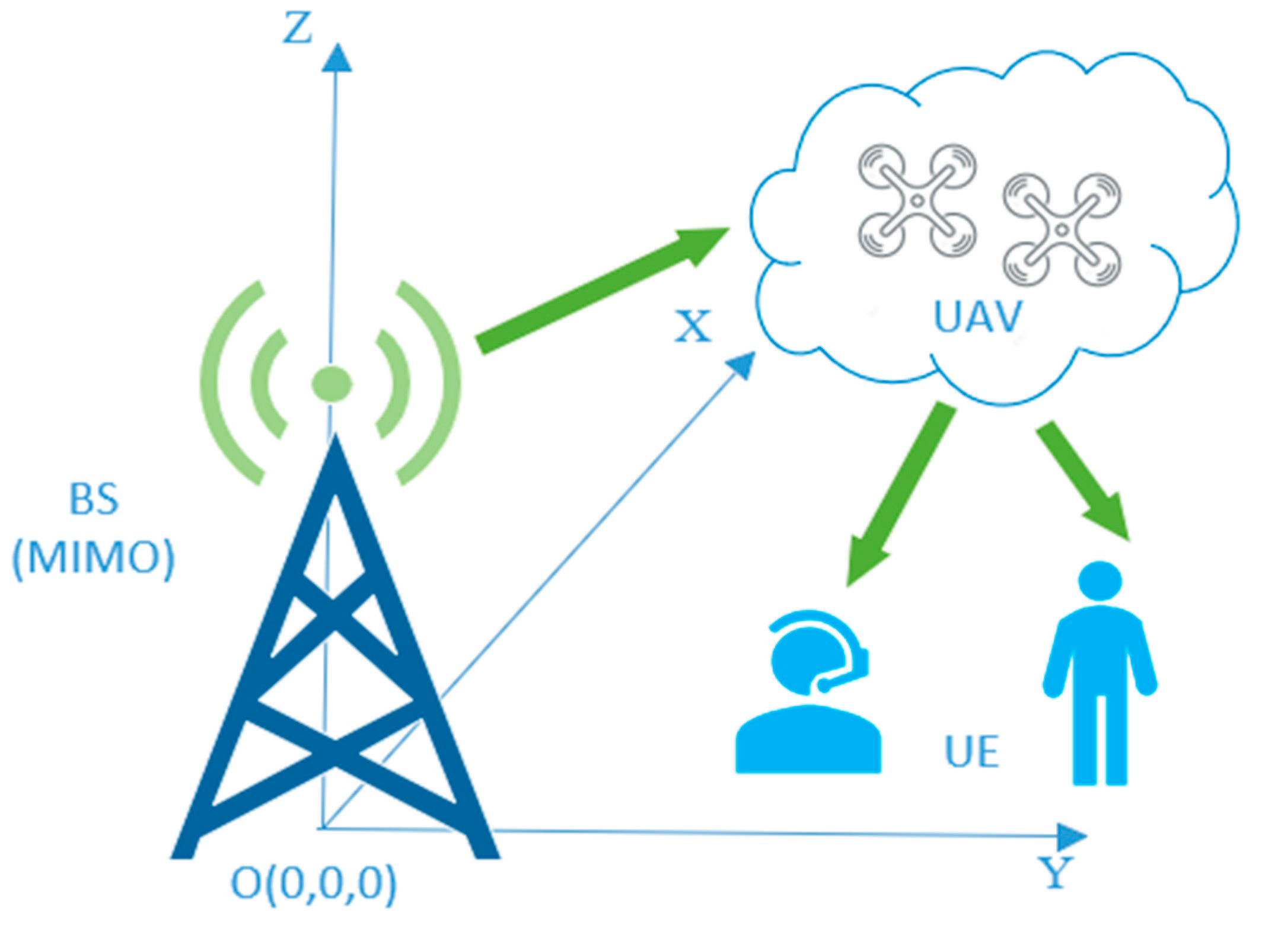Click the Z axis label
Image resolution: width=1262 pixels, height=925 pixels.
pos(297,29)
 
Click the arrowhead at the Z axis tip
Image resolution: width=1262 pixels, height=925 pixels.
pos(337,58)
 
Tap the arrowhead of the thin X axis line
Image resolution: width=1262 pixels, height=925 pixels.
pos(742,364)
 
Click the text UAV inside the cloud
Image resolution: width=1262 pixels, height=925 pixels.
pos(977,317)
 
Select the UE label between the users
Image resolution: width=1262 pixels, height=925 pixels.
pos(971,752)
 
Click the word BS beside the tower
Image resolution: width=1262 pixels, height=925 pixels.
pos(94,499)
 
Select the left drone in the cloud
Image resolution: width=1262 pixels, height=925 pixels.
pos(917,200)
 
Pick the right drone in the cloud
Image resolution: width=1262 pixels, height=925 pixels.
pos(1062,229)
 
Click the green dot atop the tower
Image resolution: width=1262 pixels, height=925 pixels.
pos(332,384)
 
